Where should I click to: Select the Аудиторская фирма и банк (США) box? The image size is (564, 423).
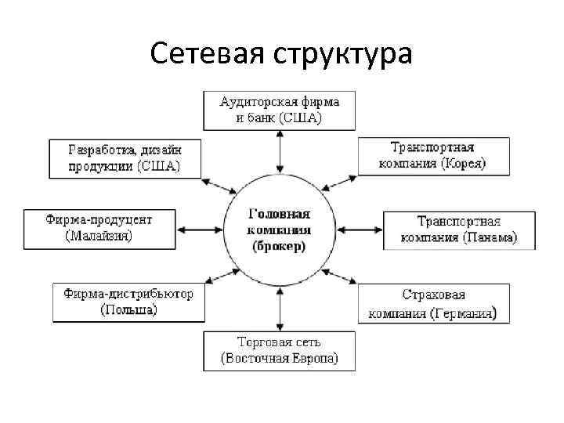pyautogui.click(x=279, y=110)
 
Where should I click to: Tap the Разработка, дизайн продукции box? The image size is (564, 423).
pyautogui.click(x=125, y=157)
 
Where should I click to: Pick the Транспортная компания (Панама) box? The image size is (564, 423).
pyautogui.click(x=459, y=230)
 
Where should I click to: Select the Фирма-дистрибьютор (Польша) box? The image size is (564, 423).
pyautogui.click(x=128, y=302)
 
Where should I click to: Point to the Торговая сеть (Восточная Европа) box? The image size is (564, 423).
pyautogui.click(x=279, y=351)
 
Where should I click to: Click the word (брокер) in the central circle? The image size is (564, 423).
pyautogui.click(x=280, y=245)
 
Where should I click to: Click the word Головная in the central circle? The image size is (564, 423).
pyautogui.click(x=280, y=214)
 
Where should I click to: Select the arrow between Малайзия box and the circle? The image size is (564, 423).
pyautogui.click(x=201, y=230)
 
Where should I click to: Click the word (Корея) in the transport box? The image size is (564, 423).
pyautogui.click(x=463, y=164)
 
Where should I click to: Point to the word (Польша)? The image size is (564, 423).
pyautogui.click(x=129, y=309)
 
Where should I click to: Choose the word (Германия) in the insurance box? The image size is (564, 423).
pyautogui.click(x=463, y=313)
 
